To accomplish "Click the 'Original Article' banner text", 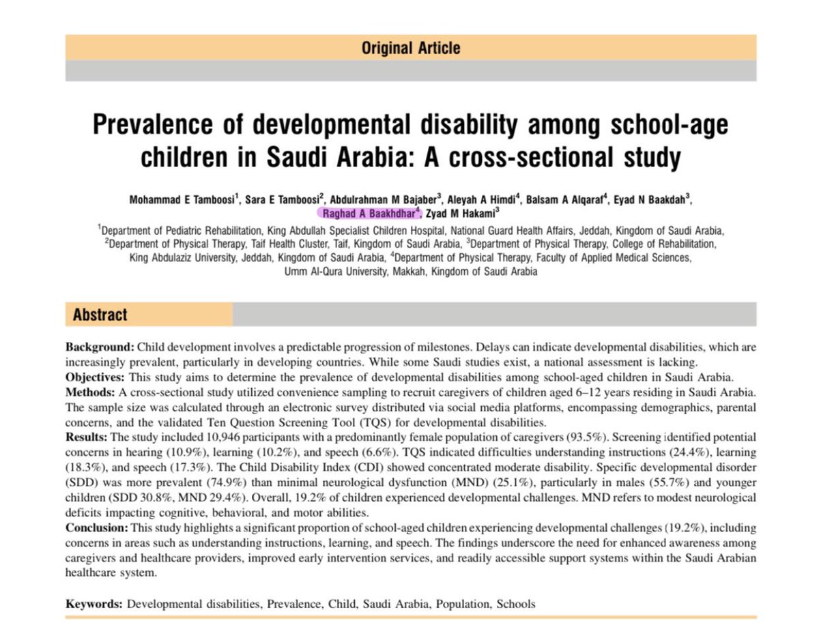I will click(x=410, y=48).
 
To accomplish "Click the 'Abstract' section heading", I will click(x=100, y=315).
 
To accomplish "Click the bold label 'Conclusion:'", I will click(x=98, y=528).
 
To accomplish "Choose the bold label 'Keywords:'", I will click(x=94, y=604).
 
